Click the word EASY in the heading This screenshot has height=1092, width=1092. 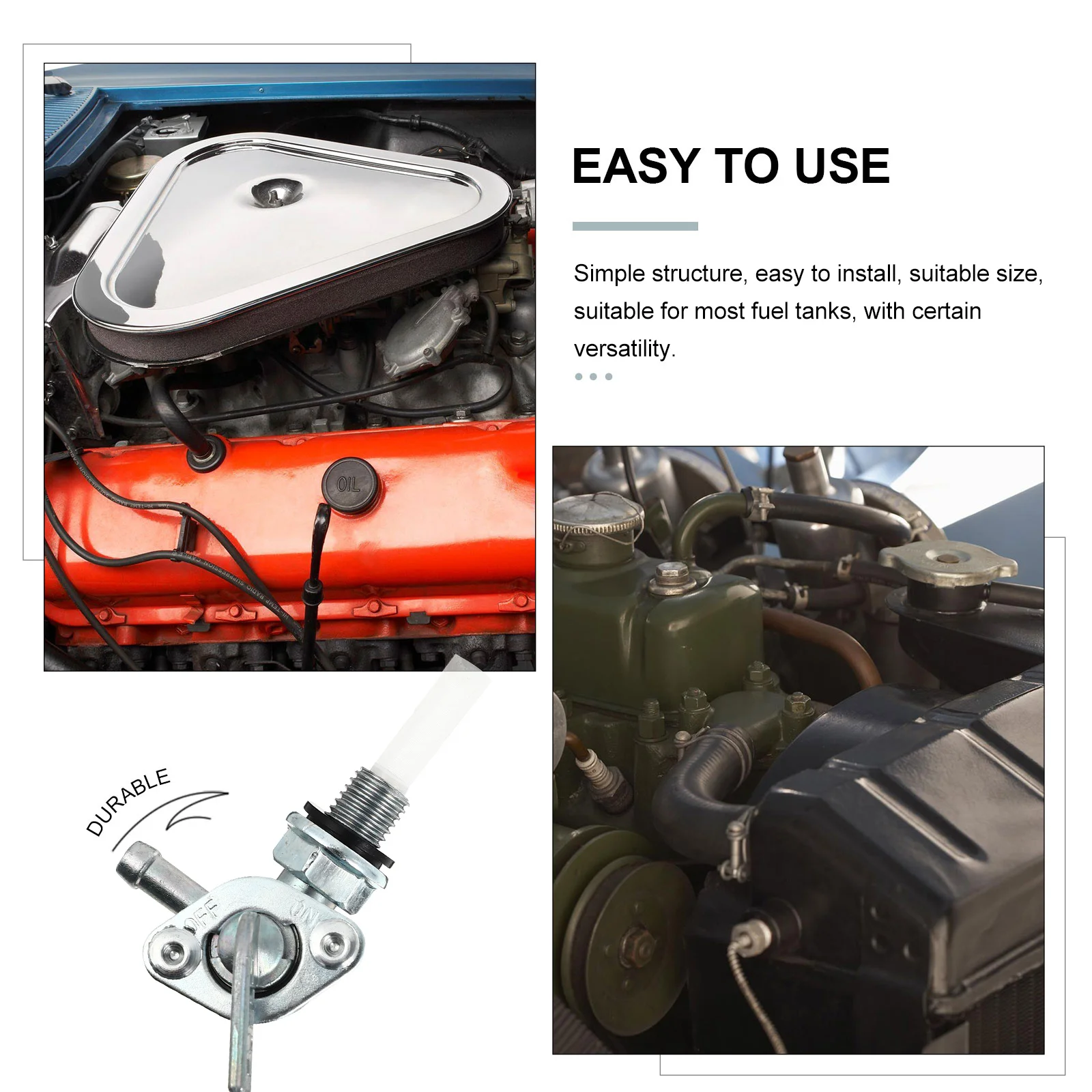pos(636,167)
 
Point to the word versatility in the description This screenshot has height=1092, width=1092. pos(624,349)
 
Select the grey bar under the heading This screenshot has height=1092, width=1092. pos(635,226)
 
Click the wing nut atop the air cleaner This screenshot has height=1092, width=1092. pos(273,194)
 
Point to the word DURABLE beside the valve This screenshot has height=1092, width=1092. pos(128,801)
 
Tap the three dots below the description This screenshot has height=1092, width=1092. pos(593,377)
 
